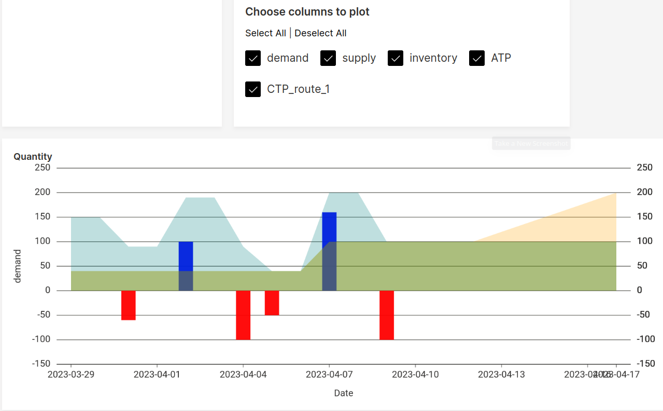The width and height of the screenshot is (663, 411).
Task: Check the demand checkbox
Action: tap(253, 58)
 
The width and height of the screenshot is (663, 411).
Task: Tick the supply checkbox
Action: tap(328, 58)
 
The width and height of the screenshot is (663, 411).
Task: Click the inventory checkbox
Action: tap(396, 58)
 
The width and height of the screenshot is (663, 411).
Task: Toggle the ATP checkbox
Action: tap(477, 58)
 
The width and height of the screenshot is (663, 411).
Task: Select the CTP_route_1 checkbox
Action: tap(253, 89)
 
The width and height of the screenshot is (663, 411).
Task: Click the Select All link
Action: tap(265, 33)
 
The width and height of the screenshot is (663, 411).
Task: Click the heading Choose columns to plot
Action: tap(307, 12)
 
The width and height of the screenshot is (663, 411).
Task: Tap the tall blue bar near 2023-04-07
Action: tap(329, 228)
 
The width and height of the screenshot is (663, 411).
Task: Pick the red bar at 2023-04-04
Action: tap(243, 315)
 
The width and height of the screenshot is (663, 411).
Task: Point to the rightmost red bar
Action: tap(387, 315)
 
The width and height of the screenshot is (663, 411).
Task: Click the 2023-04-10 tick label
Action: tap(415, 374)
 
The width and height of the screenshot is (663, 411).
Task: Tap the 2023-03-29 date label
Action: tap(71, 374)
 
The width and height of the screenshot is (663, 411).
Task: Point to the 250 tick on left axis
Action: tap(43, 168)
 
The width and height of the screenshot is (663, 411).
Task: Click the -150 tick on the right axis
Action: tap(646, 364)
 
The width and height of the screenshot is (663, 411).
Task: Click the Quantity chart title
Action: tap(33, 157)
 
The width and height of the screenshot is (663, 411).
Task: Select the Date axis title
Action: tap(343, 393)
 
